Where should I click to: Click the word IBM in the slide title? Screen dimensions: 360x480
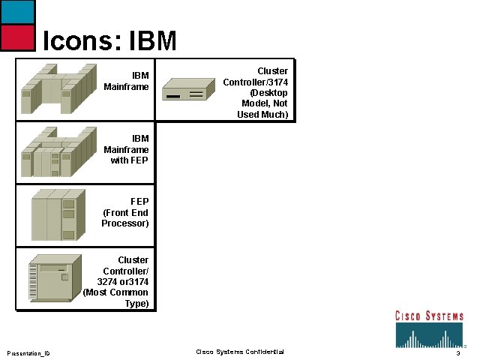click(153, 40)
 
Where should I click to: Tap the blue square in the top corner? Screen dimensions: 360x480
click(17, 11)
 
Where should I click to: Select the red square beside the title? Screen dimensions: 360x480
click(17, 37)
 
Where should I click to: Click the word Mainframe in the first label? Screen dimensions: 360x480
click(127, 87)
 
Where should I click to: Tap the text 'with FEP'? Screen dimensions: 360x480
click(129, 160)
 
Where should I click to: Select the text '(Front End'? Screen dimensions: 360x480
click(126, 212)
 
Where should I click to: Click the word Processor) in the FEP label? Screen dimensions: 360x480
click(125, 223)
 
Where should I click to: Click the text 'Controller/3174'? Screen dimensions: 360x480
click(256, 82)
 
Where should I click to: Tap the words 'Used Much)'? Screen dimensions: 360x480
click(262, 115)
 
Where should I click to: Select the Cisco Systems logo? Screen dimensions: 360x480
click(430, 327)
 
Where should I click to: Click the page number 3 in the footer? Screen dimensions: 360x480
click(457, 352)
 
